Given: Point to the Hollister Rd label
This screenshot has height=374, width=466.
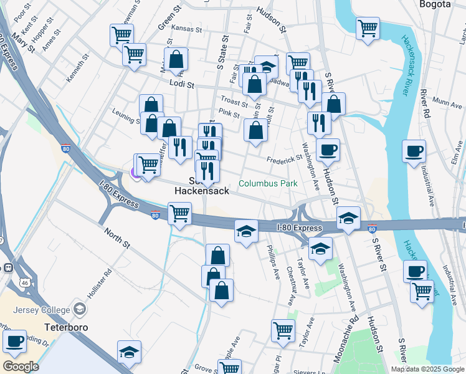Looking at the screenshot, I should pos(100,282).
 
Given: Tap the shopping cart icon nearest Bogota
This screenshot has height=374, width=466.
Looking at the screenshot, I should pos(368,28).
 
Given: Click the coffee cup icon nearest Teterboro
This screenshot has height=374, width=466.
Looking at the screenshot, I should pos(14,341).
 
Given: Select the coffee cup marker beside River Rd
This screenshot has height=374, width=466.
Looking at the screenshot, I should pos(414,151).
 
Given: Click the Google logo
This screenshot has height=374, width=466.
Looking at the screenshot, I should pos(21,367).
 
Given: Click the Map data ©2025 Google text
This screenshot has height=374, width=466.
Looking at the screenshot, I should pos(427,369).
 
